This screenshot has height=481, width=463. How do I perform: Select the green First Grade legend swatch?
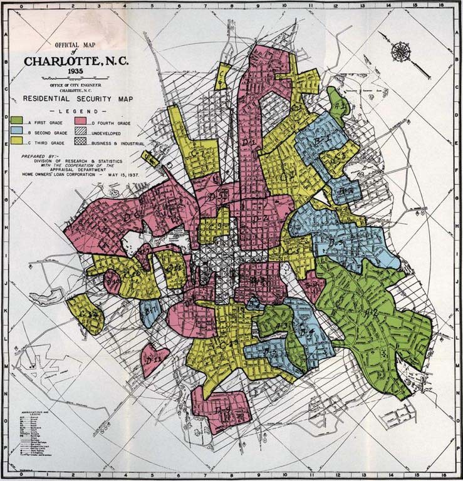coord(17,120)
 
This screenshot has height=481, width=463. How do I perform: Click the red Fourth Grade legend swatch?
coord(81,120)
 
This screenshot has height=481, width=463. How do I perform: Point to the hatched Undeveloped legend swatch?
coord(81,132)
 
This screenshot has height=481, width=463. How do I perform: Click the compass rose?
coord(400,51)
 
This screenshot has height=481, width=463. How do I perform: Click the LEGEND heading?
coord(79,110)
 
